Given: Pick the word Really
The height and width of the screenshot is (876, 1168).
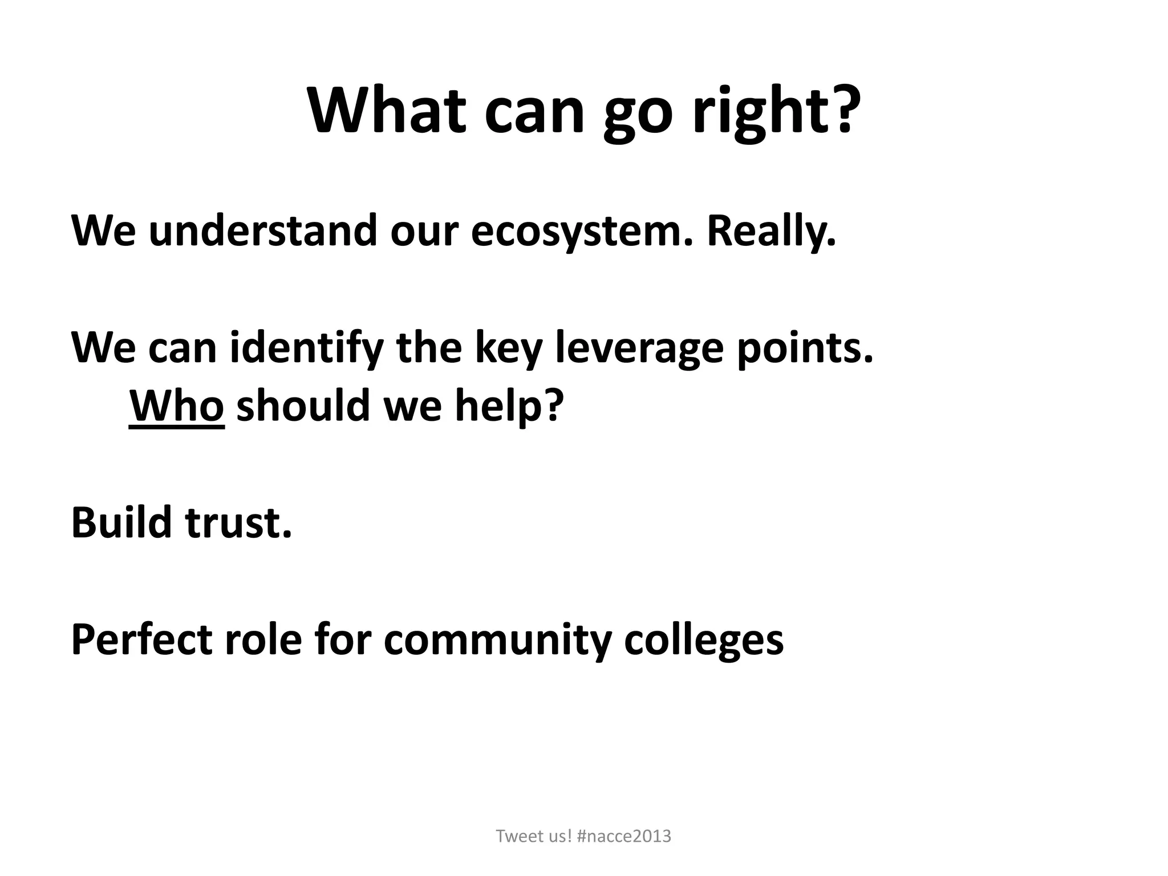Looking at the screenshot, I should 771,232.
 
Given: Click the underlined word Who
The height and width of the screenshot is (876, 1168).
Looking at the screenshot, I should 177,405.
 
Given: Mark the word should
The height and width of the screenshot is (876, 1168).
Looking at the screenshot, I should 303,405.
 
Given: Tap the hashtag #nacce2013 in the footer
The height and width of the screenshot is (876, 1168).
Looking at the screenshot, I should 624,836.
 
